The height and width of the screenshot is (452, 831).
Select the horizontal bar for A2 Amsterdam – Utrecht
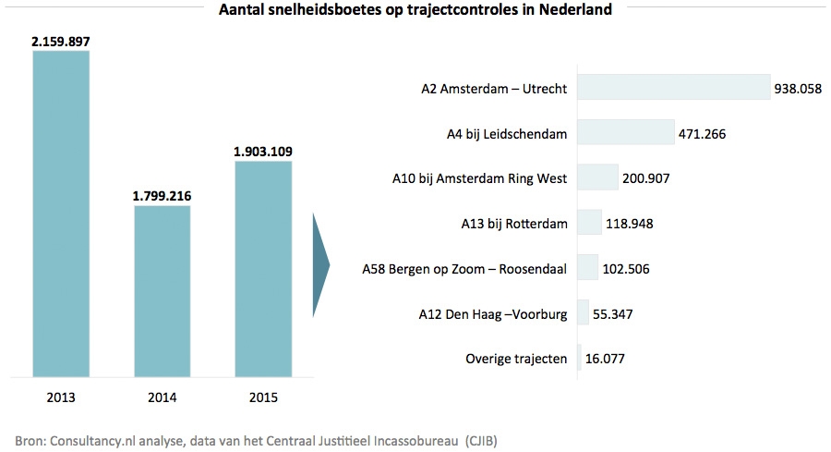pyautogui.click(x=673, y=89)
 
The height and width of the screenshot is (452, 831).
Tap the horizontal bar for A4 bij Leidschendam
pyautogui.click(x=625, y=133)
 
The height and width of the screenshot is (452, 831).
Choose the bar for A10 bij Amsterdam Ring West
pyautogui.click(x=597, y=177)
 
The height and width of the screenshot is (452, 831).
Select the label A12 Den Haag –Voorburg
pyautogui.click(x=492, y=313)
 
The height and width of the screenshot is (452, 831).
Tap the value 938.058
pyautogui.click(x=800, y=90)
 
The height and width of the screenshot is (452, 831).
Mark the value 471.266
pyautogui.click(x=703, y=134)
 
